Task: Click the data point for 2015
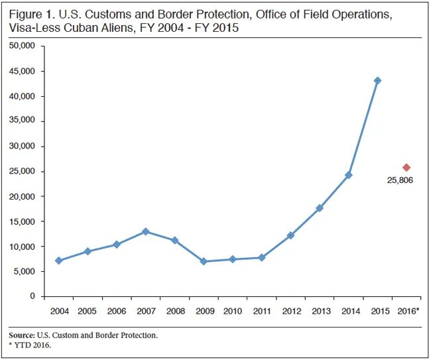[377, 81]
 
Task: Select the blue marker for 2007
[146, 231]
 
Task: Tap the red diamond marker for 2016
[406, 168]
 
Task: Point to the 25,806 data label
[400, 180]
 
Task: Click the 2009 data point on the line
[204, 261]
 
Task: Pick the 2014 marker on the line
[348, 175]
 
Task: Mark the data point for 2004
[59, 261]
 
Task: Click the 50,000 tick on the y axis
[23, 46]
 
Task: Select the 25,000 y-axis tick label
[23, 172]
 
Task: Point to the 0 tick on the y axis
[32, 296]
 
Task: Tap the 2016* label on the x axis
[408, 310]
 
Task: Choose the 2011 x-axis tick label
[261, 310]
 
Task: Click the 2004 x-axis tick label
[58, 310]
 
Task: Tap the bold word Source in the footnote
[24, 335]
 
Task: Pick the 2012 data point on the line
[290, 235]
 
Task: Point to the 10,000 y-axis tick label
[23, 247]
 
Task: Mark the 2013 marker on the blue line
[320, 208]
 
